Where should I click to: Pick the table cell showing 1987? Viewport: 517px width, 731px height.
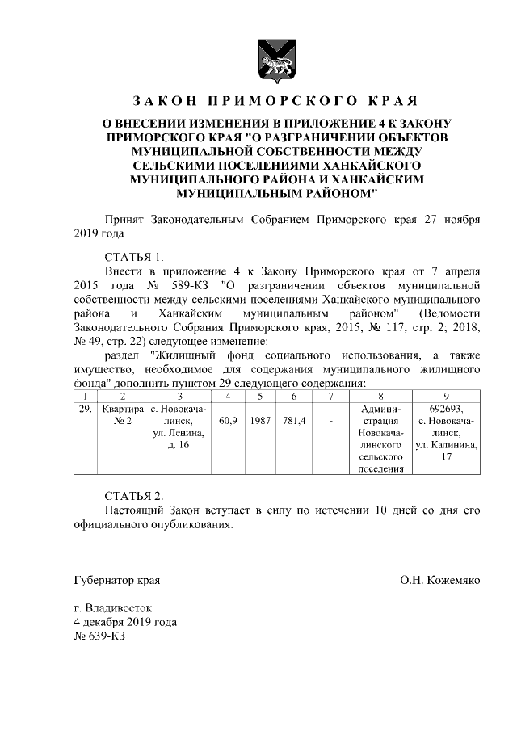260,421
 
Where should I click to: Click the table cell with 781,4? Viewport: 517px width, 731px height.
294,421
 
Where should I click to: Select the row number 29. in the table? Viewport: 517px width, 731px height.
84,410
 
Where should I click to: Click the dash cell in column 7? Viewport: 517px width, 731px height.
331,421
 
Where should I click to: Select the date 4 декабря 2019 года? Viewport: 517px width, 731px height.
125,621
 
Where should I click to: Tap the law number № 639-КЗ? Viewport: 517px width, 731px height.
99,636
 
